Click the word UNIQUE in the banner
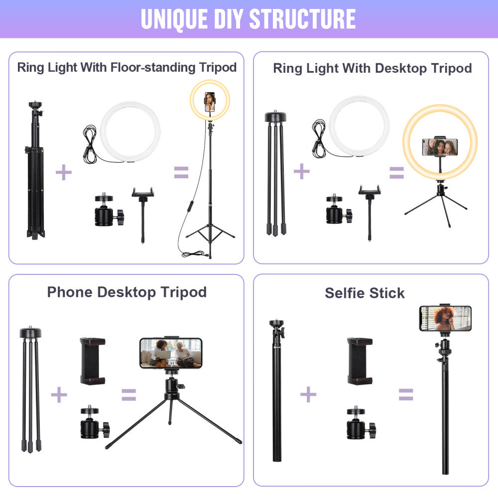[x=168, y=19]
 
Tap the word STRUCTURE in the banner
[x=302, y=19]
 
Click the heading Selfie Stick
[x=365, y=293]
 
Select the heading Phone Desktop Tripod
[x=126, y=292]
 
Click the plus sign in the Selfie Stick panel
[x=308, y=394]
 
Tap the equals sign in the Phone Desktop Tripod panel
[x=129, y=395]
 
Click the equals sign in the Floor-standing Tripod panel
[x=181, y=172]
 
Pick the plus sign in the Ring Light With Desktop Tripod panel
[x=301, y=172]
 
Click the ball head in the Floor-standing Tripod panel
[x=107, y=211]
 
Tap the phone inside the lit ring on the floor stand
[x=210, y=102]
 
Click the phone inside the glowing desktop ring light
[x=440, y=147]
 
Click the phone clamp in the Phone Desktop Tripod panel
[x=93, y=361]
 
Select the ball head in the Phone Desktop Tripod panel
[x=93, y=423]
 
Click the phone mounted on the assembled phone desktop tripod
[x=171, y=353]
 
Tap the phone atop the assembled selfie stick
[x=445, y=318]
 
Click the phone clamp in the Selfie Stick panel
[x=360, y=361]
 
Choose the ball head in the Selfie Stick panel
[x=360, y=423]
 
